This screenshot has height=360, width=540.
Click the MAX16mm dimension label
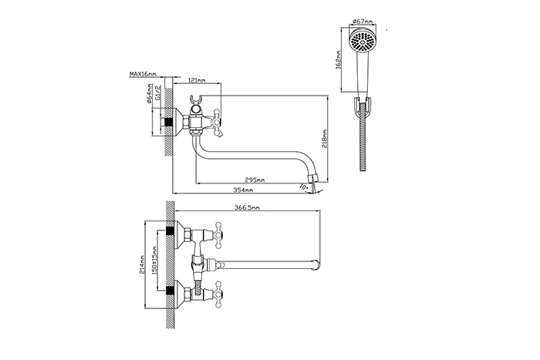click(143, 74)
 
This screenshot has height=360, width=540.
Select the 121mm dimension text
click(197, 80)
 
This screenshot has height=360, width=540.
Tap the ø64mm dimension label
click(149, 93)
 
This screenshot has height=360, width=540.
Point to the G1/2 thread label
click(158, 92)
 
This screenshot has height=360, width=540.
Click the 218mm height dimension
click(325, 138)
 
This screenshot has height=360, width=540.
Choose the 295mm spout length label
click(255, 180)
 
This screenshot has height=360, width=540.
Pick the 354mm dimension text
click(243, 190)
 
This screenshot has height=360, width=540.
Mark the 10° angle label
click(304, 187)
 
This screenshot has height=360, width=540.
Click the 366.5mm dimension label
click(247, 207)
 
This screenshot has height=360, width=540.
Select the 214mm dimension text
click(142, 264)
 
